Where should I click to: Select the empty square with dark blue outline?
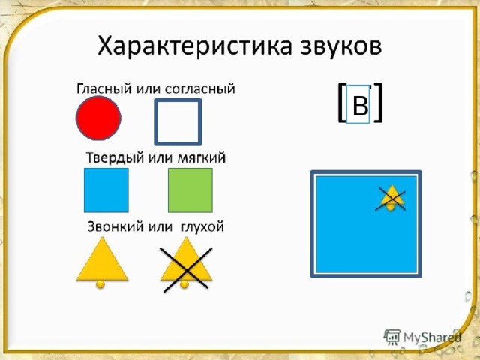click(x=178, y=121)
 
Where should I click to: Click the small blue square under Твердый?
click(x=106, y=190)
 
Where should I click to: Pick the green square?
click(x=190, y=190)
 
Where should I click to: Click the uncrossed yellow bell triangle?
click(x=102, y=261)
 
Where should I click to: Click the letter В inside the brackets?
click(x=360, y=106)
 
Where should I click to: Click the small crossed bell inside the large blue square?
click(x=391, y=196)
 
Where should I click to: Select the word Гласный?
click(x=100, y=89)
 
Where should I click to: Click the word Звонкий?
click(x=112, y=226)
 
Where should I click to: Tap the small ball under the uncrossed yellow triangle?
click(x=100, y=285)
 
